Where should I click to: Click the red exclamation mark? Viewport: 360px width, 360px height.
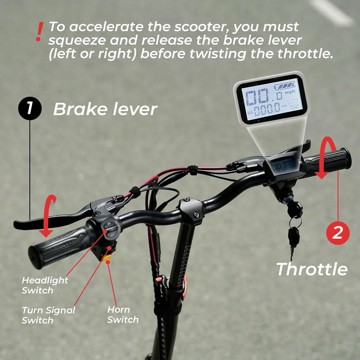40,32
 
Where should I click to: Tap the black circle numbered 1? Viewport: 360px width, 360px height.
30,108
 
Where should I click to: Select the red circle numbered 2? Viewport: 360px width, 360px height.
337,233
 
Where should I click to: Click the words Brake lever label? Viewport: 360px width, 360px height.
105,110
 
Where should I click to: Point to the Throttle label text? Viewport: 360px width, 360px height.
312,269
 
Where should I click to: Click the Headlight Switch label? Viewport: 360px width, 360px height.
45,285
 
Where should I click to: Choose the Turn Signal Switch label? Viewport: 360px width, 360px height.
48,315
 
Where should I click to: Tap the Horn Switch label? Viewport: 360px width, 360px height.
123,315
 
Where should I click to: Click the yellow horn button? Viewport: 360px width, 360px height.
107,258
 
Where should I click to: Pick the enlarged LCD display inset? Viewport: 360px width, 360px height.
271,99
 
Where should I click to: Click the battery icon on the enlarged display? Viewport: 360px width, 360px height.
285,86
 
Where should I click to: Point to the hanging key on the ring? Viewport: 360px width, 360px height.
294,237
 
